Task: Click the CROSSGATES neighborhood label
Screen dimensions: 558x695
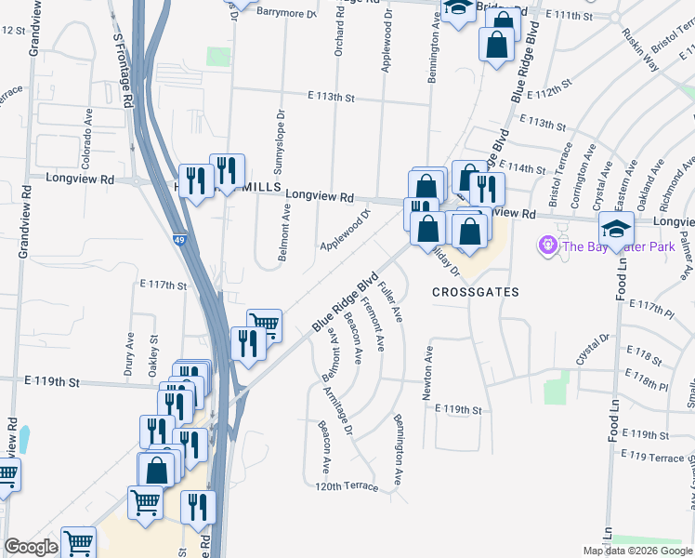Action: click(x=475, y=292)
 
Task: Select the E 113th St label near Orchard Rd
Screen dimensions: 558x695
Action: click(x=332, y=97)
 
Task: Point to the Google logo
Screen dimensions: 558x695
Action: click(x=31, y=547)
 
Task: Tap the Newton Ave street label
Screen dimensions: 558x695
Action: click(x=428, y=373)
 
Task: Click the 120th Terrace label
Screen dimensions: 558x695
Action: click(x=347, y=486)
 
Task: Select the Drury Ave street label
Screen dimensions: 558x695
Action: click(x=129, y=353)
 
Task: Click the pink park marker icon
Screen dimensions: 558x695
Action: click(x=547, y=246)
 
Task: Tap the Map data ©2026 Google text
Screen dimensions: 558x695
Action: click(x=636, y=551)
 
